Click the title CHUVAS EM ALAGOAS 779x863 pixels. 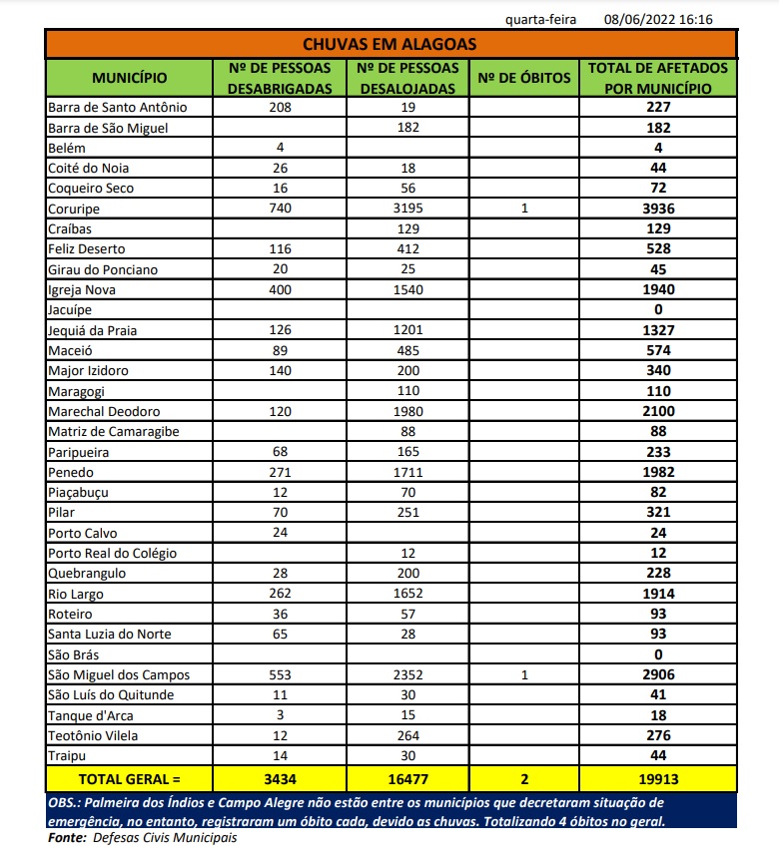[389, 44]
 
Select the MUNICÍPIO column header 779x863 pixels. [129, 77]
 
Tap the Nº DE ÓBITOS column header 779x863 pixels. [523, 77]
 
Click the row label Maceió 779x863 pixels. [69, 350]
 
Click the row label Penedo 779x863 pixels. [70, 472]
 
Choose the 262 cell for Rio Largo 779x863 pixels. [280, 594]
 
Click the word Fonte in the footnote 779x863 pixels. [66, 838]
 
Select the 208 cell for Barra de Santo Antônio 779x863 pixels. [280, 107]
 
